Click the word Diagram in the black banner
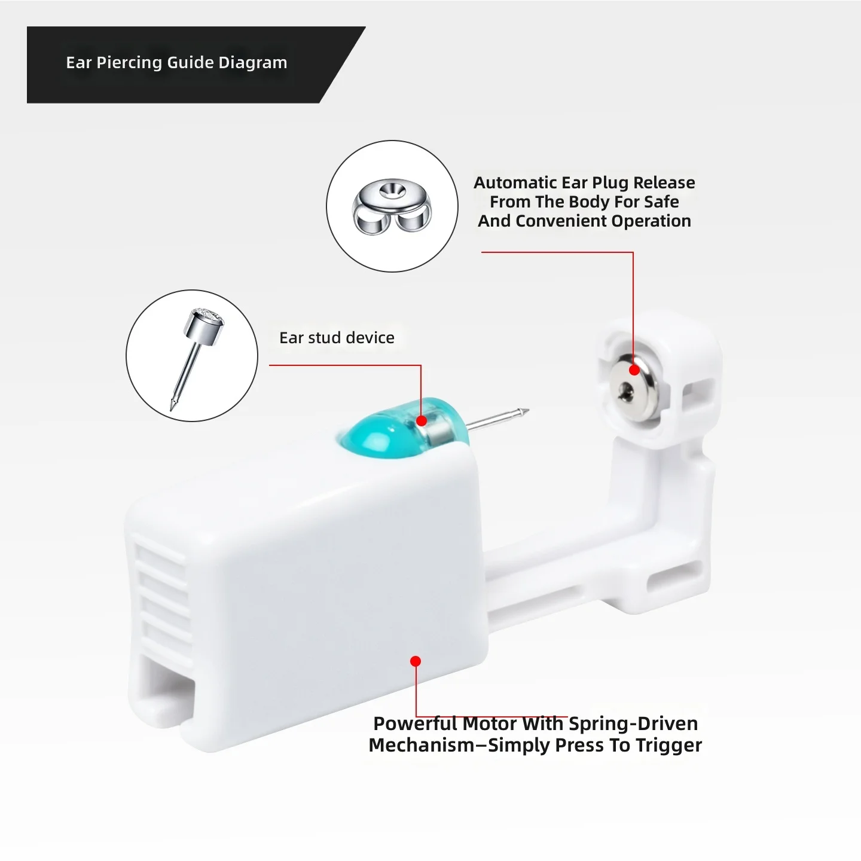tap(252, 63)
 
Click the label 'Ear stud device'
tap(337, 338)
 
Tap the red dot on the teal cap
tap(422, 421)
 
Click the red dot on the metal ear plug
tap(634, 370)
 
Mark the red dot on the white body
tap(416, 661)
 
